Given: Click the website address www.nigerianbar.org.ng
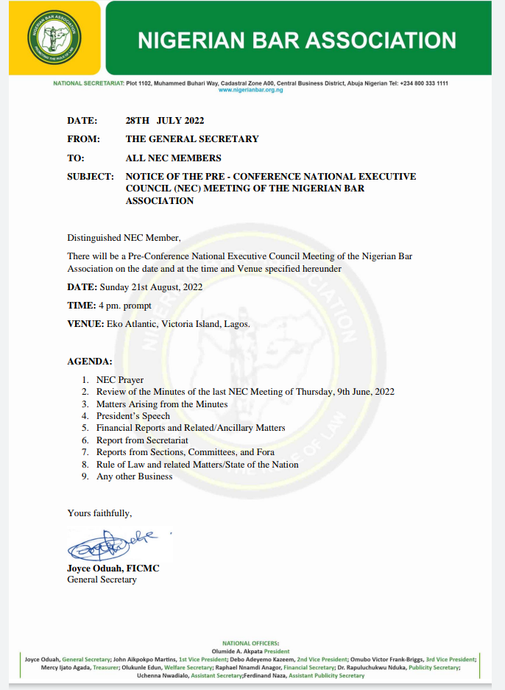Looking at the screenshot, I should coord(251,89).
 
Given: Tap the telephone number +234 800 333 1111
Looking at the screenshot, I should coord(424,83).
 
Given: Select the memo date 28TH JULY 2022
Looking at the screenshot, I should coord(165,121).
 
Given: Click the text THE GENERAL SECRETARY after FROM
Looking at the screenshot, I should coord(192,139).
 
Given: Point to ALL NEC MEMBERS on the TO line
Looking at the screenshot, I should coord(173,158).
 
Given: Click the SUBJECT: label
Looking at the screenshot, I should coord(91,177).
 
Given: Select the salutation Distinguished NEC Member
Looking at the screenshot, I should coord(124,237).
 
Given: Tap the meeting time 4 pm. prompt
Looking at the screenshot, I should coord(125,305).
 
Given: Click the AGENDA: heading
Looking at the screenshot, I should coord(90,362).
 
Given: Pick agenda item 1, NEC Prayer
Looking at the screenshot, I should coord(120,380).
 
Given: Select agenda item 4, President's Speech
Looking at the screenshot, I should coord(133,416).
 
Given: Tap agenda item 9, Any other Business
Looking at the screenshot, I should coord(134,476).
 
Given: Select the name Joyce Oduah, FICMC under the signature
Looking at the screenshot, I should coord(113,568).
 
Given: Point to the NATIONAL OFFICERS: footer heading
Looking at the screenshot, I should coord(250,643).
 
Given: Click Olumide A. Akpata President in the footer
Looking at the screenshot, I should coord(251,651).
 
